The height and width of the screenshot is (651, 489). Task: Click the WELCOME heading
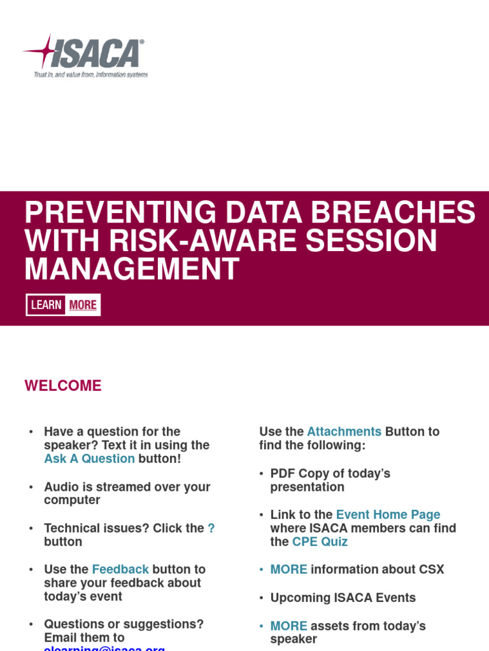pyautogui.click(x=63, y=386)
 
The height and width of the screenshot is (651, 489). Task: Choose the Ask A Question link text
pyautogui.click(x=89, y=459)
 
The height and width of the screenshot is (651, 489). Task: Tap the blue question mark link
pyautogui.click(x=211, y=528)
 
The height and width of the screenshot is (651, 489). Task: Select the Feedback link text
pyautogui.click(x=120, y=570)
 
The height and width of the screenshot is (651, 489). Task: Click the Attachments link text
pyautogui.click(x=344, y=432)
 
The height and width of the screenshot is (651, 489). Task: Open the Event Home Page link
pyautogui.click(x=388, y=515)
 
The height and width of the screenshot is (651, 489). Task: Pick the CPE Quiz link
pyautogui.click(x=320, y=542)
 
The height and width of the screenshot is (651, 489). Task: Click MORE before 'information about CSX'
pyautogui.click(x=288, y=570)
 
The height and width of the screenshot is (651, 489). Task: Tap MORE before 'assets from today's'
pyautogui.click(x=288, y=626)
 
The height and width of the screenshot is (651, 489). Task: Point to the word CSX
pyautogui.click(x=431, y=570)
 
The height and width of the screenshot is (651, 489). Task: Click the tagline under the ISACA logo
pyautogui.click(x=90, y=74)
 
